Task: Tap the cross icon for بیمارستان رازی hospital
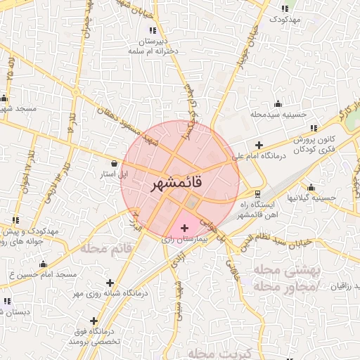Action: pos(185,228)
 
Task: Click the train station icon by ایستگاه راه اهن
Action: pos(257,193)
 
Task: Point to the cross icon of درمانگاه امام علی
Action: pos(259,145)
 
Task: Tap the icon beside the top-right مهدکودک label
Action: pos(284,8)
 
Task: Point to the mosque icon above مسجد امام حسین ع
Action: pos(44,264)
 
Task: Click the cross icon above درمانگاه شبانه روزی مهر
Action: pos(110,283)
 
